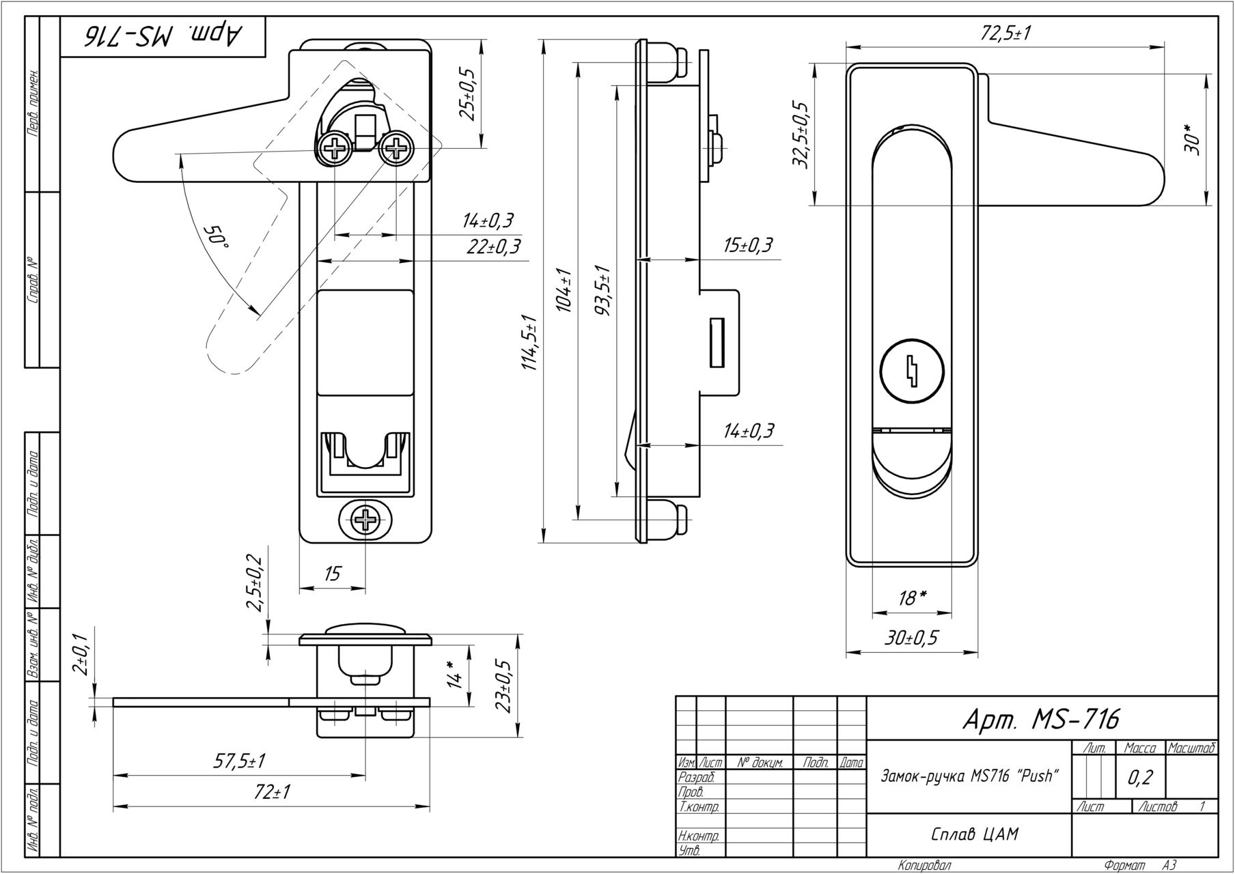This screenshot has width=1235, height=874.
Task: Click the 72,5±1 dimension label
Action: click(x=1005, y=34)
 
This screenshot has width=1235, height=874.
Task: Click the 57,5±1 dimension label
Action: click(x=239, y=761)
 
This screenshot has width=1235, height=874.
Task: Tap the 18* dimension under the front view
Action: click(x=913, y=598)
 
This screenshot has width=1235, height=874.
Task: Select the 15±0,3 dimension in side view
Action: click(x=748, y=245)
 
